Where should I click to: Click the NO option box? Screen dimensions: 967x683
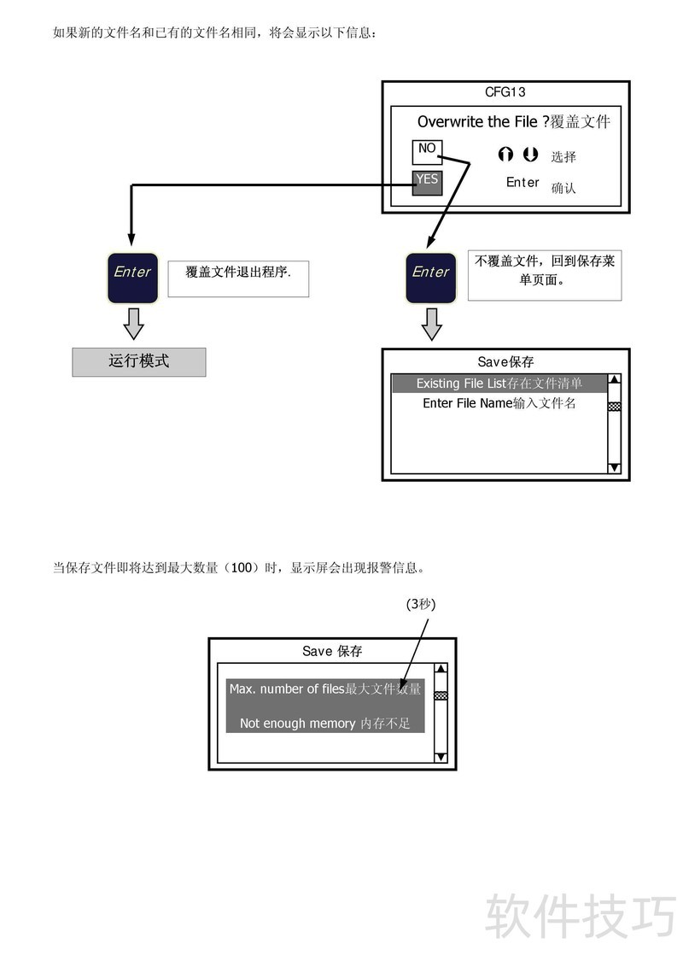[x=427, y=151]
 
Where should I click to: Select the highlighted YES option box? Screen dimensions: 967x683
[x=427, y=182]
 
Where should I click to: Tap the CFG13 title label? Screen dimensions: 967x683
[x=505, y=92]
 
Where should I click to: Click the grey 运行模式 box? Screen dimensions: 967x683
[x=138, y=362]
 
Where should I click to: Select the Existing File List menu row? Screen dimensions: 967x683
[x=499, y=384]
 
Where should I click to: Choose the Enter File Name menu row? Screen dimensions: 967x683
[x=499, y=403]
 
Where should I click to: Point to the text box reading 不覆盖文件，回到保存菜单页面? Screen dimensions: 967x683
[x=544, y=275]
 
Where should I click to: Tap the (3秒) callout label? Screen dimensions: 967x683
[x=421, y=604]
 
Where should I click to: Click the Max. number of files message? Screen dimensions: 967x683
[x=324, y=689]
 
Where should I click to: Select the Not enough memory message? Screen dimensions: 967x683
[x=324, y=724]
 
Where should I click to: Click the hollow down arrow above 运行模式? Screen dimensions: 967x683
[x=132, y=324]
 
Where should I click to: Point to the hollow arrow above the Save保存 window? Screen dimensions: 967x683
[x=431, y=324]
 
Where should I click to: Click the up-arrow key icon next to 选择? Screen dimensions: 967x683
[x=506, y=155]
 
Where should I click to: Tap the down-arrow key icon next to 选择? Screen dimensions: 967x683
[x=530, y=155]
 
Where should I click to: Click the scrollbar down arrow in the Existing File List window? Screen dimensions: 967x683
[x=614, y=467]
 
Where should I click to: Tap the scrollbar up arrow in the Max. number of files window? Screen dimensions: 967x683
[x=441, y=671]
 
